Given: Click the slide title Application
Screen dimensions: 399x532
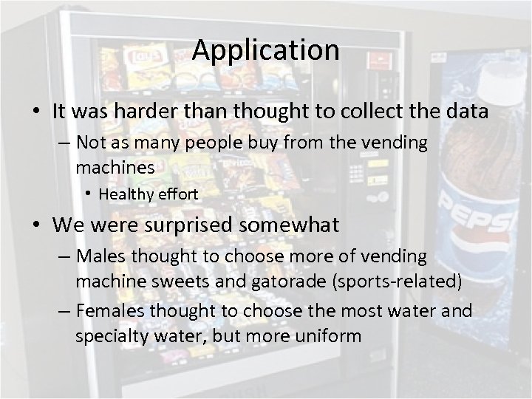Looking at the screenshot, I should [266, 50].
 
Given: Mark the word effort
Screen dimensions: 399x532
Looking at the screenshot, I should [177, 194].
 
